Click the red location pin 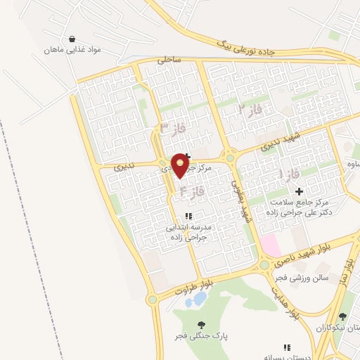(181, 165)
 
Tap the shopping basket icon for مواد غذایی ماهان (73, 39)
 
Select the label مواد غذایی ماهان (74, 51)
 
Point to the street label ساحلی (169, 60)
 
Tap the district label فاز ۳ (172, 128)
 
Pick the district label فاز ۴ (192, 190)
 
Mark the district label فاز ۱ (290, 173)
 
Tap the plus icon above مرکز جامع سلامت (300, 191)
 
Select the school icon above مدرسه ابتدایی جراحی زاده (188, 216)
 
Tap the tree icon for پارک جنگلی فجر (202, 325)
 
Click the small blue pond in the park (195, 300)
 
